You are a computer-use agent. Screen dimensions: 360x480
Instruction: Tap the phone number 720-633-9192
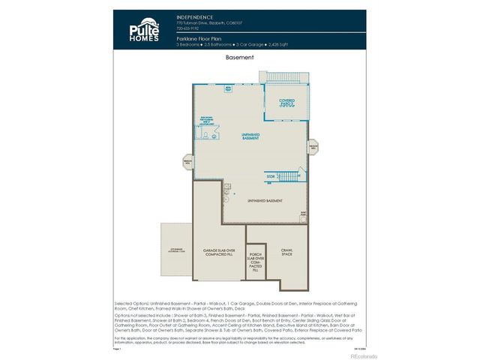(187, 28)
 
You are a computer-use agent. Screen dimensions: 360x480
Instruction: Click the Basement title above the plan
(239, 57)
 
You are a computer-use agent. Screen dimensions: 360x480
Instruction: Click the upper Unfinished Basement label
(250, 137)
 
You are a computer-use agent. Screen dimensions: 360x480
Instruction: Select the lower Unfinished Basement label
(266, 201)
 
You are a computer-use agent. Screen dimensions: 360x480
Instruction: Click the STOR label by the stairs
(271, 177)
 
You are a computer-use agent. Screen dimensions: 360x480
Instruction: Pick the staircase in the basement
(289, 178)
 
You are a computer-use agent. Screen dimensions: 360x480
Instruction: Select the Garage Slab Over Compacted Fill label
(220, 251)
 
